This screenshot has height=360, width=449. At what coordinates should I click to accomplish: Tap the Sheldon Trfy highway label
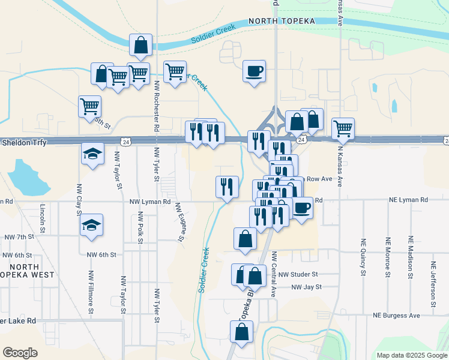tap(24, 142)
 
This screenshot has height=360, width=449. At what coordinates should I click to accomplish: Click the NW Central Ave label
tap(273, 275)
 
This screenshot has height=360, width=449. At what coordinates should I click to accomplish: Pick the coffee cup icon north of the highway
tap(254, 71)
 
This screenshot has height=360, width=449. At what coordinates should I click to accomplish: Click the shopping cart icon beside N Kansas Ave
tap(343, 128)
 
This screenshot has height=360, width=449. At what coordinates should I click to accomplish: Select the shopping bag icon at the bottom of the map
tap(241, 332)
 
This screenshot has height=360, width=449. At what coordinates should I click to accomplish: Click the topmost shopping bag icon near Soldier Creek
tap(140, 44)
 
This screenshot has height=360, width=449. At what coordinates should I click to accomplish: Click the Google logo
tap(20, 353)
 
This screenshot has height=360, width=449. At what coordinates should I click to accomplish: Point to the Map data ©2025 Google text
tap(411, 355)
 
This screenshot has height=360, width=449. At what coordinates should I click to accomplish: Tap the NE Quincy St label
tap(363, 259)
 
